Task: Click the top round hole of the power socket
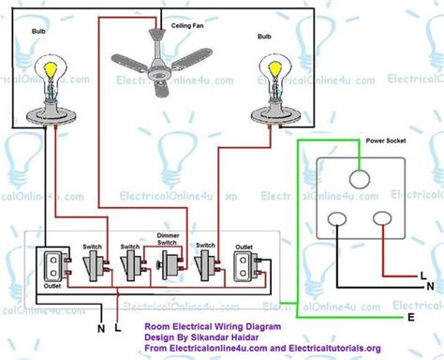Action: pos(361,181)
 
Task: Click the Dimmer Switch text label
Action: pos(168,242)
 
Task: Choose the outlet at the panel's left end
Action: pos(54,267)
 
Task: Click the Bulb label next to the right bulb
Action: pos(264,39)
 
